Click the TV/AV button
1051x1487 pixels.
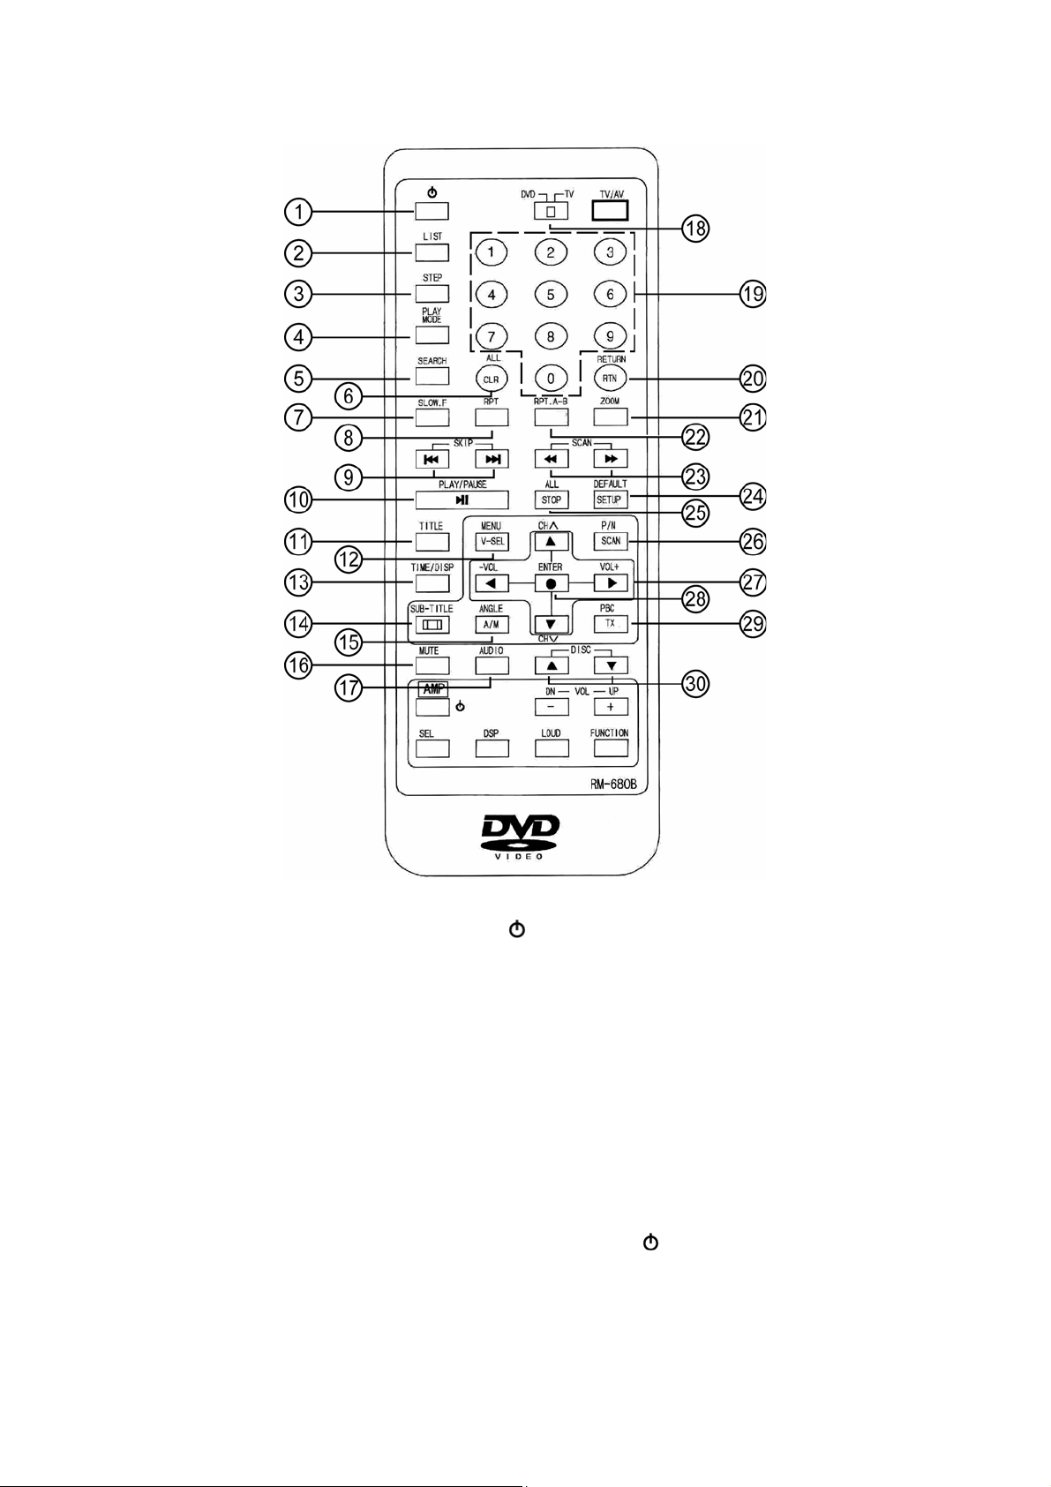(x=610, y=210)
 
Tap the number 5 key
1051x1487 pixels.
(x=551, y=295)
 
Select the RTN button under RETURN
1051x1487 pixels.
(x=610, y=378)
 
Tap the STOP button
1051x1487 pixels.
(x=552, y=499)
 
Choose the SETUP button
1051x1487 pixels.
(x=610, y=499)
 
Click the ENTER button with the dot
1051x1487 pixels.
(x=551, y=583)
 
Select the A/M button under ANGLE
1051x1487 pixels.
(x=491, y=624)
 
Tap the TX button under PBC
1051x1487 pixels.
(x=610, y=624)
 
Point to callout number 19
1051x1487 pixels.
(x=752, y=294)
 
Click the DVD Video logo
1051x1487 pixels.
(x=521, y=836)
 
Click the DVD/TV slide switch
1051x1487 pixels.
(x=551, y=211)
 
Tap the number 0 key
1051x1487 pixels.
(x=551, y=379)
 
